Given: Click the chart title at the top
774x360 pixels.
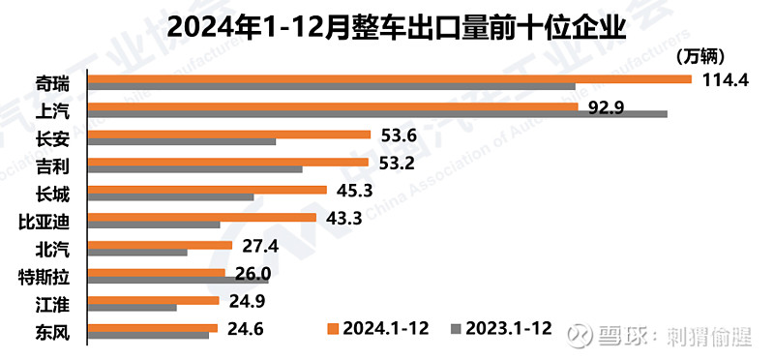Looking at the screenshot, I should (x=387, y=23).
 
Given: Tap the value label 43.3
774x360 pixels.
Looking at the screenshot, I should (x=344, y=218).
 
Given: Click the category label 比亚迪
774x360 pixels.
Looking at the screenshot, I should (x=42, y=221).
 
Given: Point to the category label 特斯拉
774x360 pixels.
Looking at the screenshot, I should (x=42, y=277).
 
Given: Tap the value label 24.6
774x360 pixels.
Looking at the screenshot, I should (x=246, y=329).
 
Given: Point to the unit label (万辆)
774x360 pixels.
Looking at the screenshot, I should (x=700, y=56).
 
